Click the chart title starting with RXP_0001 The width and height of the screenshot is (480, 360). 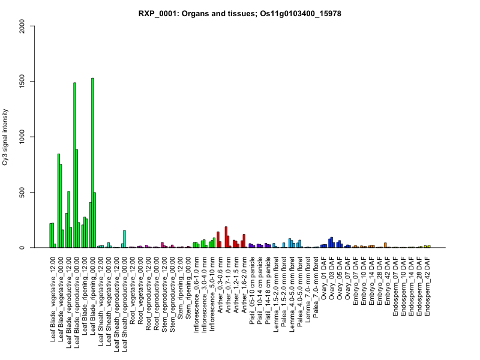click(240, 13)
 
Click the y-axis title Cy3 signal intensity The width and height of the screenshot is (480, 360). click(22, 137)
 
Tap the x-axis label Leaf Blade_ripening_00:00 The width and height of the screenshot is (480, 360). click(93, 292)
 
